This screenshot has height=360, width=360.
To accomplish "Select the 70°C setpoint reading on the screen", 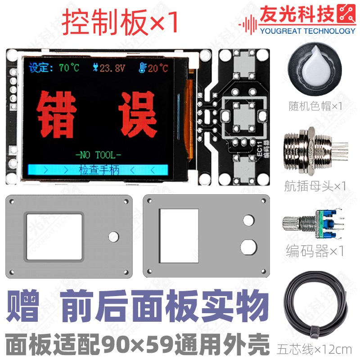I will click(68, 68).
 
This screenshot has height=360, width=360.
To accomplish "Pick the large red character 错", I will click(55, 113).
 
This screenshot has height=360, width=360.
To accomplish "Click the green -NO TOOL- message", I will click(98, 155).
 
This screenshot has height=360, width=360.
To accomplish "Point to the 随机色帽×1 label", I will click(315, 106).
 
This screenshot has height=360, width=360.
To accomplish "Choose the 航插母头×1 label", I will click(315, 185).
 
